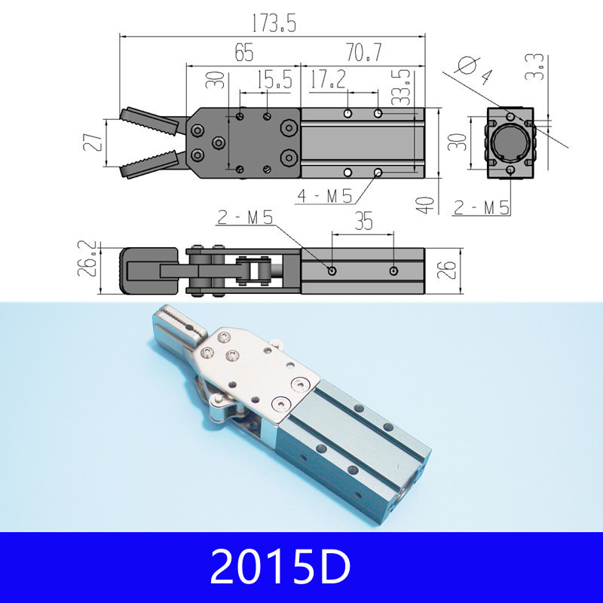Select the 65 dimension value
pyautogui.click(x=243, y=53)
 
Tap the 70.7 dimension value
pyautogui.click(x=363, y=53)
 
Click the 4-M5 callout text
pyautogui.click(x=326, y=197)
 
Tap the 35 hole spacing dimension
pyautogui.click(x=363, y=222)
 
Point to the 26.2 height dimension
pyautogui.click(x=89, y=259)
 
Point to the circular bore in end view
pyautogui.click(x=510, y=143)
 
